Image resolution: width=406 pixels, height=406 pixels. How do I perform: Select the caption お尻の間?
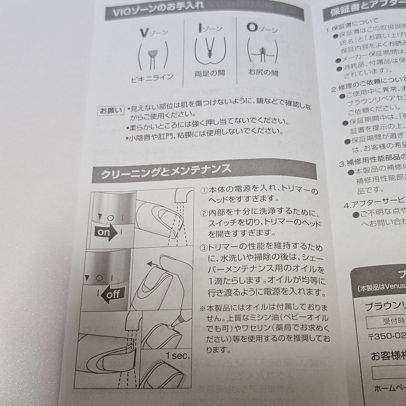coord(263,72)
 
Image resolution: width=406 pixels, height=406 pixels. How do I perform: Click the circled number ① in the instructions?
coord(204,190)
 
